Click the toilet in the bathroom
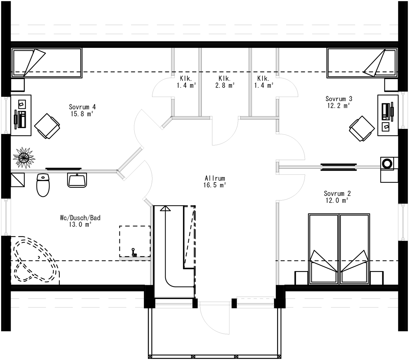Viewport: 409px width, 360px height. (x=43, y=185)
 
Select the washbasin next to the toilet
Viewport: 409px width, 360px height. (x=77, y=180)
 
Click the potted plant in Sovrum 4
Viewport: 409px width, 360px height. (x=24, y=158)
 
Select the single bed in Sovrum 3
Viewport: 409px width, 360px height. (x=362, y=63)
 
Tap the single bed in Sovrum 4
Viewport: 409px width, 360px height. (x=46, y=63)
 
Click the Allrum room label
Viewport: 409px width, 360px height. (x=215, y=178)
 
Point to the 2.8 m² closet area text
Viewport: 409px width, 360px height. (x=225, y=85)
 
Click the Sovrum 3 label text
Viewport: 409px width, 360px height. (x=339, y=99)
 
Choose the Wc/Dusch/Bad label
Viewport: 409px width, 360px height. (x=80, y=218)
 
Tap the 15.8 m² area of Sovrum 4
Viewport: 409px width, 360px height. (x=82, y=114)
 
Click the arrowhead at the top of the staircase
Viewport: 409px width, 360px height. (x=165, y=208)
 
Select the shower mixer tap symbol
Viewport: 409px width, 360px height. (x=133, y=252)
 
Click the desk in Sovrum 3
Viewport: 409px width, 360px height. (x=388, y=115)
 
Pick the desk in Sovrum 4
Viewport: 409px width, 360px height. (x=21, y=115)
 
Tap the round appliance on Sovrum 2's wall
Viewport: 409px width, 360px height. (x=387, y=163)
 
